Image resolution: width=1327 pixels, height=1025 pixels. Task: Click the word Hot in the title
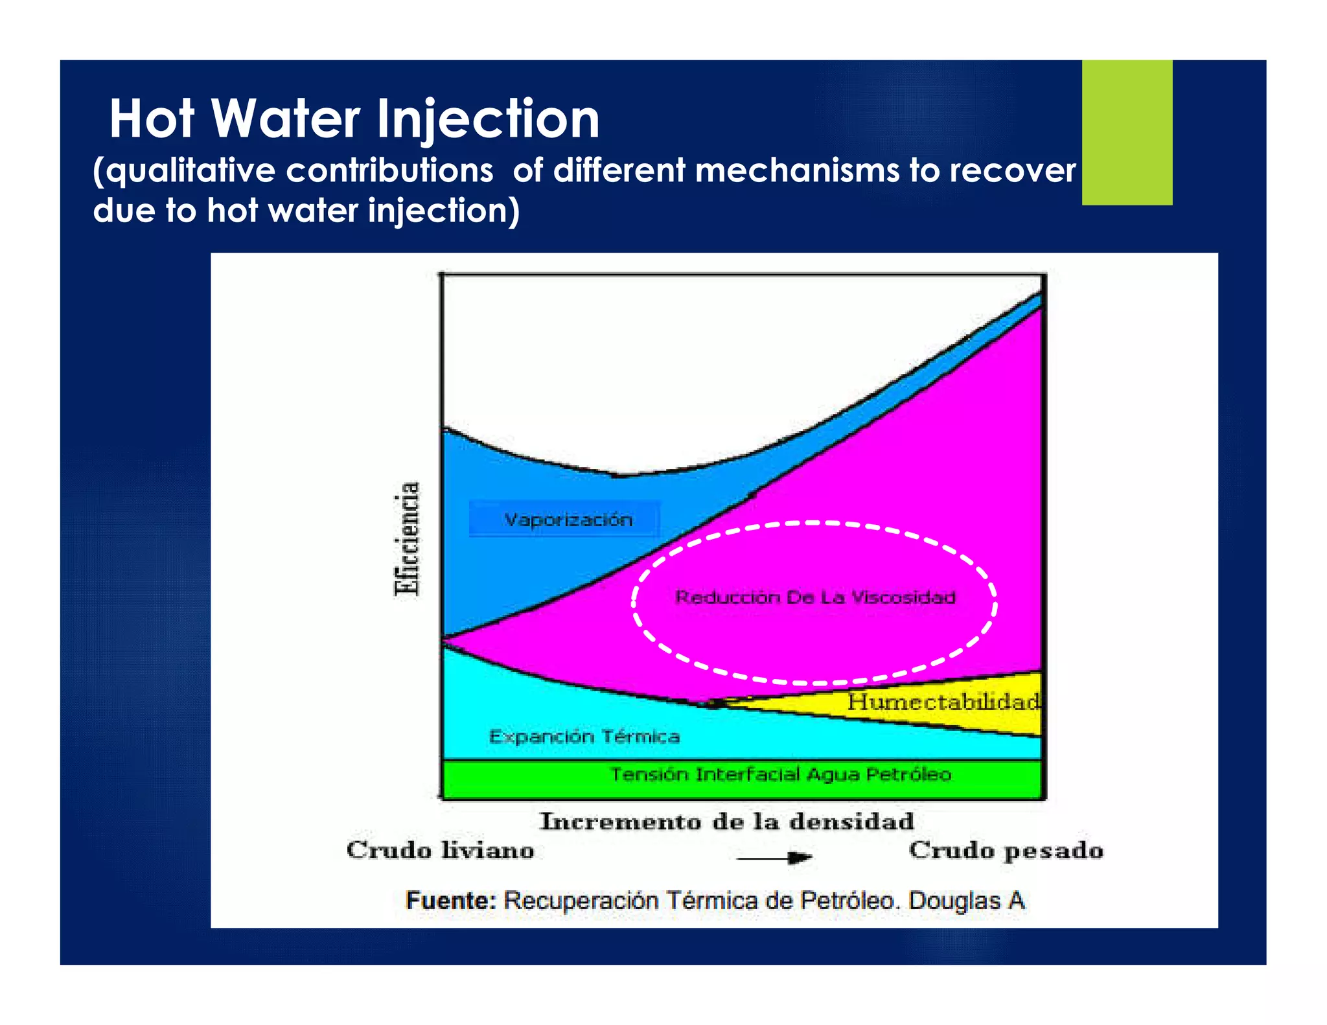point(152,120)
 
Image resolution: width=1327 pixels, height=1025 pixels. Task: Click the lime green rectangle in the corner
point(1126,133)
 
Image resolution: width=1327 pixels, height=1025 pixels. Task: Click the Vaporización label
point(568,520)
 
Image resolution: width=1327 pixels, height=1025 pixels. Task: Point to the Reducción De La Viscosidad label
point(814,597)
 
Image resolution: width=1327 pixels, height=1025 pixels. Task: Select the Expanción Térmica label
point(584,737)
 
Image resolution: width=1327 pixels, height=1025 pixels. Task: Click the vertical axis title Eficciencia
point(408,538)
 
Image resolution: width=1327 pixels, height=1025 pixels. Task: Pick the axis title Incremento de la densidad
point(727,822)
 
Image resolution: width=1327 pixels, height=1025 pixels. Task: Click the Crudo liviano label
point(441,850)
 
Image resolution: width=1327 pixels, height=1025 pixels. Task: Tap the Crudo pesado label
point(1006,850)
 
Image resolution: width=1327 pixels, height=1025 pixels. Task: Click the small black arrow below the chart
point(775,858)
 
